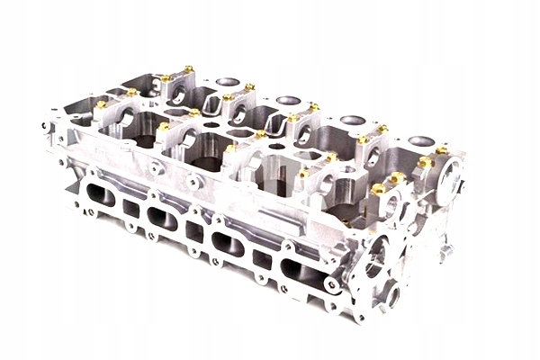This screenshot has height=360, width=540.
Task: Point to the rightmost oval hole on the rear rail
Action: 420,141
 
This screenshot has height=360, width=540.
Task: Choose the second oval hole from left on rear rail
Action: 288,100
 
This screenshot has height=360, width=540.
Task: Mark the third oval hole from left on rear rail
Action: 353,120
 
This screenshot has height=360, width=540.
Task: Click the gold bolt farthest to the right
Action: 441,149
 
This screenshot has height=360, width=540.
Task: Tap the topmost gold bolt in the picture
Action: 188,68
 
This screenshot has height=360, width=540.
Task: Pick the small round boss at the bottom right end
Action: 393,293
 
